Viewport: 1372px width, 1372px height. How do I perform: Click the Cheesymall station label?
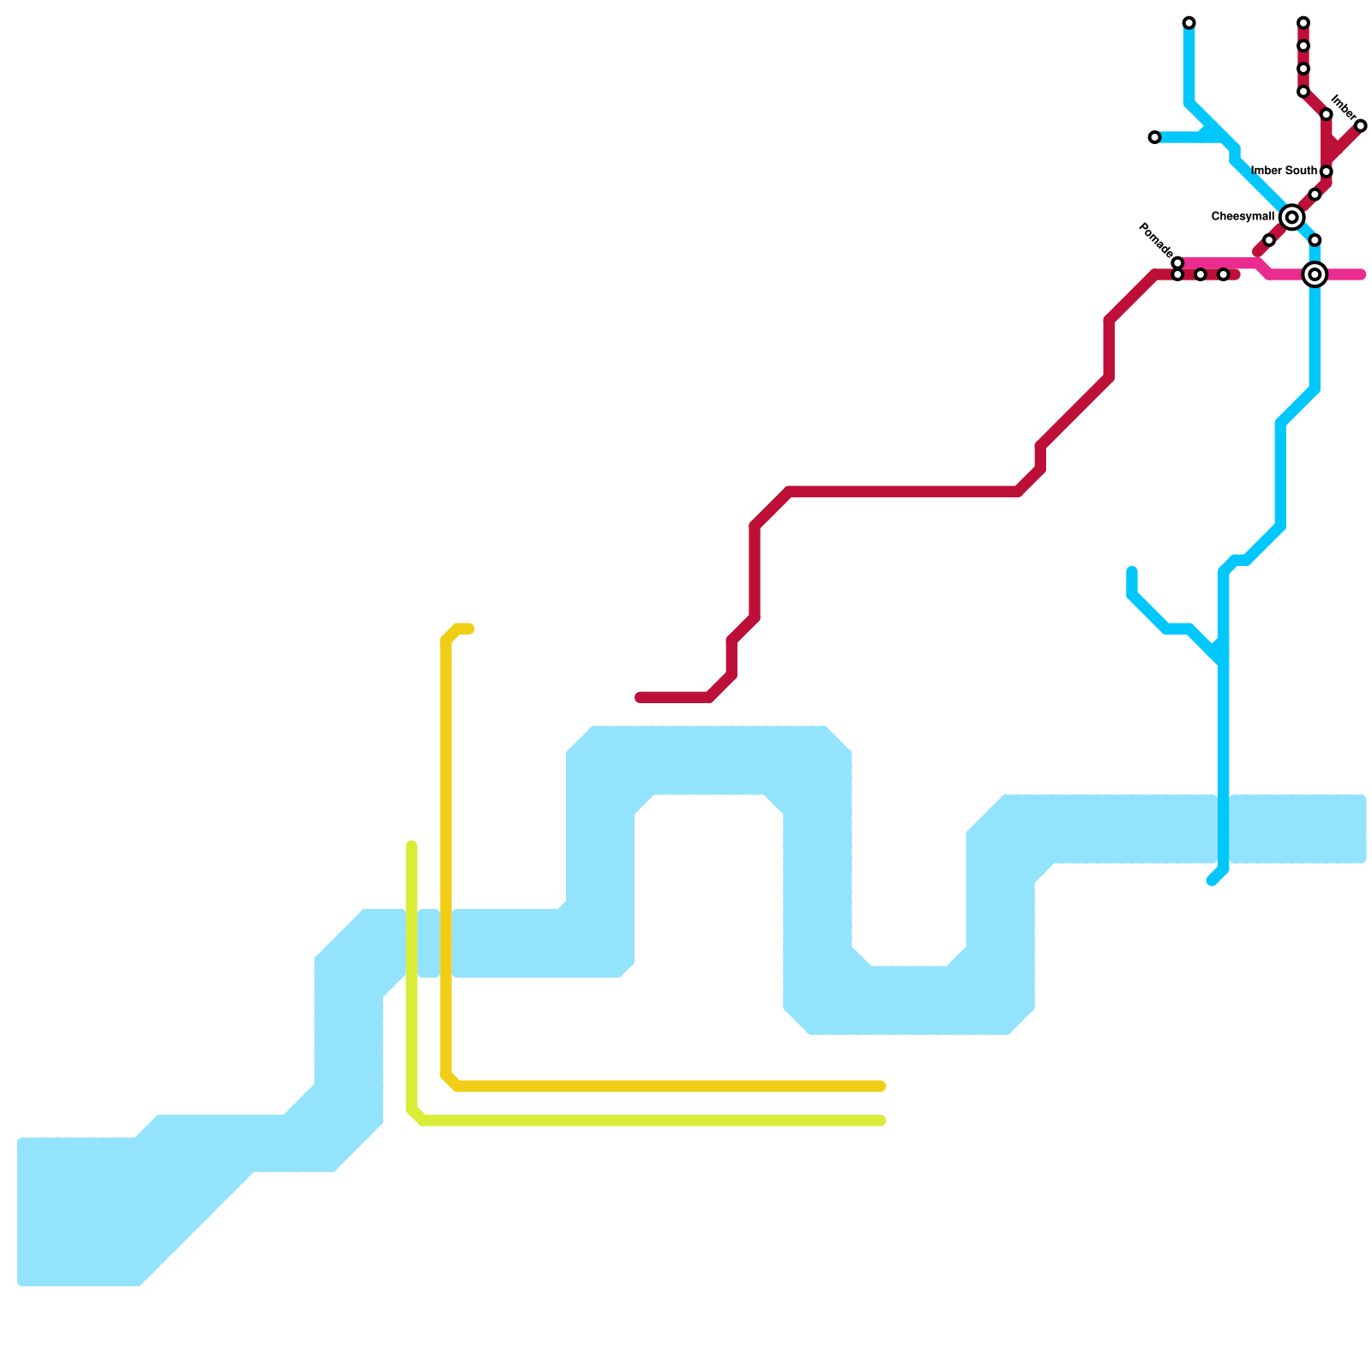click(x=1243, y=217)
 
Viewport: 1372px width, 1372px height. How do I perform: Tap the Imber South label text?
click(x=1284, y=171)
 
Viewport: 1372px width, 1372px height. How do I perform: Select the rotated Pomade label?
click(x=1155, y=239)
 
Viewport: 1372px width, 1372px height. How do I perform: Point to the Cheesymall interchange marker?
click(x=1291, y=218)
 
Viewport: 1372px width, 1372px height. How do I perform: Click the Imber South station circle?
click(x=1326, y=172)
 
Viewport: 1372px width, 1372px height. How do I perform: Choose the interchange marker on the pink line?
click(x=1315, y=274)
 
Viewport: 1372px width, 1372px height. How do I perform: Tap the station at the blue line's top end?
click(x=1188, y=22)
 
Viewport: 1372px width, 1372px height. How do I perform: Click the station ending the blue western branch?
click(x=1154, y=137)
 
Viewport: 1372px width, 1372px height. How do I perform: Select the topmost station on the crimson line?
click(x=1303, y=22)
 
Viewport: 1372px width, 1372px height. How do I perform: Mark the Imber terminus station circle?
click(x=1360, y=126)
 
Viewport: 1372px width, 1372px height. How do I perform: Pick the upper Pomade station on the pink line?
click(x=1177, y=262)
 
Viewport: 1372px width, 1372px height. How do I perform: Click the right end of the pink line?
click(x=1361, y=274)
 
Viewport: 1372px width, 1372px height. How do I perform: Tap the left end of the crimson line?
click(x=640, y=697)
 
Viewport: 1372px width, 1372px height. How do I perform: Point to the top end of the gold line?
click(x=470, y=629)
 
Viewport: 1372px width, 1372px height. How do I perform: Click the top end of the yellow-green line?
click(x=412, y=846)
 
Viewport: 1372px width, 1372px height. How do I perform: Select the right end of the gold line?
click(x=882, y=1087)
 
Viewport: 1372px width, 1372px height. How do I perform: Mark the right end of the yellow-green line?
click(x=882, y=1121)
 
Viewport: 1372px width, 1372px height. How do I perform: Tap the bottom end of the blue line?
click(x=1212, y=882)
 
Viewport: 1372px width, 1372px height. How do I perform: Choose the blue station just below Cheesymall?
click(x=1315, y=240)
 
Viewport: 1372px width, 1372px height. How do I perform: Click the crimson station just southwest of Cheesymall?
click(x=1269, y=240)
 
